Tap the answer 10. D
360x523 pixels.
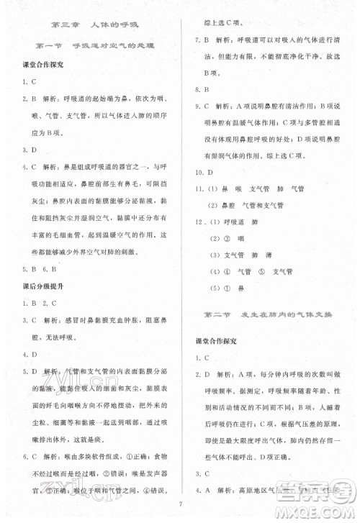click(204, 173)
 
